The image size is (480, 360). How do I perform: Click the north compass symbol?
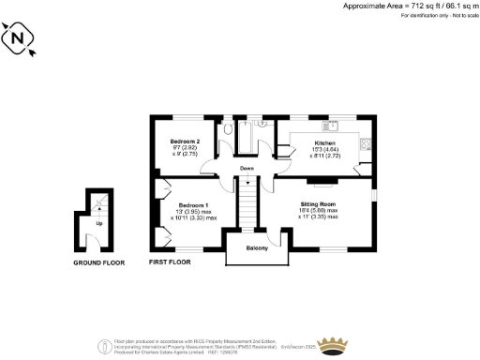20,40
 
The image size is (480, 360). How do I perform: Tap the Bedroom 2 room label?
185,141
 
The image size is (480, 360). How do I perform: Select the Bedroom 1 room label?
194,204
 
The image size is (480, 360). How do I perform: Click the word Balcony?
258,247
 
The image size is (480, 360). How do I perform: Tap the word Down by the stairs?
247,168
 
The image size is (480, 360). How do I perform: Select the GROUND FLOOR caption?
98,263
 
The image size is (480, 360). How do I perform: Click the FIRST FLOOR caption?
170,262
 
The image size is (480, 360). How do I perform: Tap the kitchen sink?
329,125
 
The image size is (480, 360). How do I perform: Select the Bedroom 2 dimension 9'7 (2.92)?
184,147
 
